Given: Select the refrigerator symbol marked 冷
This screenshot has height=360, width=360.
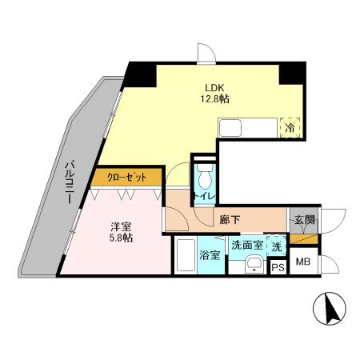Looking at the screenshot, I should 289,126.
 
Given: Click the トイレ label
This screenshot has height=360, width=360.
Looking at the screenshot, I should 203,194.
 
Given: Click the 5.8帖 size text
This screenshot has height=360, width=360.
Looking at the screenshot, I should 122,238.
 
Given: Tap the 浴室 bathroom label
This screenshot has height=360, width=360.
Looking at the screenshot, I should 210,258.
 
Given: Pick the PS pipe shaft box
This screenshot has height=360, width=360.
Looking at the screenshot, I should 278,267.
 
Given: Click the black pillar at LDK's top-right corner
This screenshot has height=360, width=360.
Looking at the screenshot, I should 292,73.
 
